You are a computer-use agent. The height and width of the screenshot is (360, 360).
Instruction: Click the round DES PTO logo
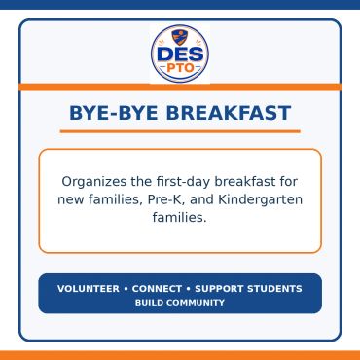click(x=180, y=54)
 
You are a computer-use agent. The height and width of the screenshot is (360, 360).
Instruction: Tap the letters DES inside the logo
click(x=180, y=54)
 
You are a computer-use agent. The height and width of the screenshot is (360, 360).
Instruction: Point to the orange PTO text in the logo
click(x=180, y=68)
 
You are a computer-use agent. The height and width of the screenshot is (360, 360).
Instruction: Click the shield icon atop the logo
click(x=180, y=37)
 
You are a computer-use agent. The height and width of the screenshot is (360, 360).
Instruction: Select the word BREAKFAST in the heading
click(x=229, y=113)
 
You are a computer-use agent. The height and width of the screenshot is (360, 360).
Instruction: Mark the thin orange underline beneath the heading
click(x=180, y=131)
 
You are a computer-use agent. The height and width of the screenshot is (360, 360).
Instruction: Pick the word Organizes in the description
click(x=94, y=182)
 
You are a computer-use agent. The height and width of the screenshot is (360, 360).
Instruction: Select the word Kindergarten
click(x=260, y=199)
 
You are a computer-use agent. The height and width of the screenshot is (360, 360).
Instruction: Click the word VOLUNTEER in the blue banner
click(x=89, y=289)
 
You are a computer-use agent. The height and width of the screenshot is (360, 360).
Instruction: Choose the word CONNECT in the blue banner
click(x=157, y=289)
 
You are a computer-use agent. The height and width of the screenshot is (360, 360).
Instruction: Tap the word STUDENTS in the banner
click(x=274, y=289)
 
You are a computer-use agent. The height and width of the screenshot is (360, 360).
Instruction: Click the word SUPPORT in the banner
click(x=219, y=289)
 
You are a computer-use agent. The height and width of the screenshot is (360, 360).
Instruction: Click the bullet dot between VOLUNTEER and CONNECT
click(x=126, y=289)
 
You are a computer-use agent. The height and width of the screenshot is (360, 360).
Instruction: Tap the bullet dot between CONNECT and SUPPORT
click(x=189, y=289)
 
